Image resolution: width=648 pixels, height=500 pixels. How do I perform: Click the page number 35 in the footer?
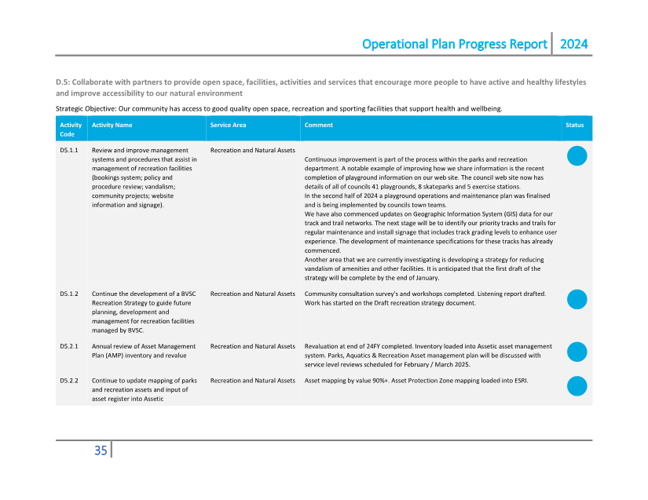101,451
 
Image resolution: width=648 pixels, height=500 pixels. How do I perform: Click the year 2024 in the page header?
573,44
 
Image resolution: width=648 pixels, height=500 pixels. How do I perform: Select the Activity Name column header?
112,125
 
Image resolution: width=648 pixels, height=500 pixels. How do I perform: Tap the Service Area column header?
228,125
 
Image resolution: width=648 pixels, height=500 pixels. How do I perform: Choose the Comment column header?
318,125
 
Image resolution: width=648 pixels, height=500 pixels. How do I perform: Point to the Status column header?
574,125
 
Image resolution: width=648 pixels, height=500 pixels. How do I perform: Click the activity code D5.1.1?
69,150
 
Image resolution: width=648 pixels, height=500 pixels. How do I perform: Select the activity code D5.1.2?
69,294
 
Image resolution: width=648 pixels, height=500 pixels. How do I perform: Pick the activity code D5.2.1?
69,346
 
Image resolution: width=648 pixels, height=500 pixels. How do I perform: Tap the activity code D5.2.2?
69,381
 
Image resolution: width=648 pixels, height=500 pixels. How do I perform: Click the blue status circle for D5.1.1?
577,156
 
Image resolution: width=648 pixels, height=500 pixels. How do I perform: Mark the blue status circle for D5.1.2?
577,299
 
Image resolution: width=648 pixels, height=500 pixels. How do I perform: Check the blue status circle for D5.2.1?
577,352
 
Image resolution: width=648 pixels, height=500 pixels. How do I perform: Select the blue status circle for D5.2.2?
577,385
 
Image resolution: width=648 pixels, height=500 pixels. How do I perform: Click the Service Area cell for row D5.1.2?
252,294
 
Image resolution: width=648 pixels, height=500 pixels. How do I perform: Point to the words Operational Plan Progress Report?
454,44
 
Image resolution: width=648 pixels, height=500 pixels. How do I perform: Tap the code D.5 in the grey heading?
63,82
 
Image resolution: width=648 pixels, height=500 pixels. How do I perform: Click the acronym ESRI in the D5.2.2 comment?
520,381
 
